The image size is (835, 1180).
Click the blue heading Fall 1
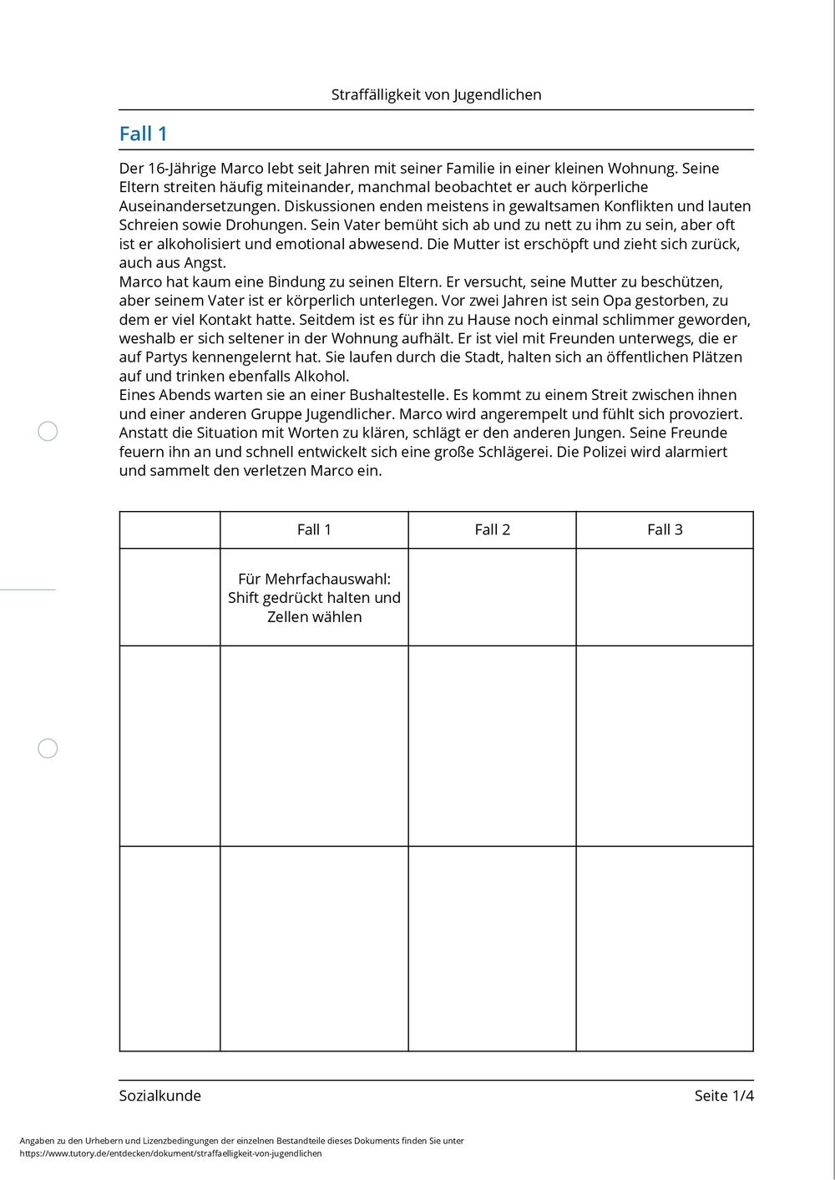point(143,134)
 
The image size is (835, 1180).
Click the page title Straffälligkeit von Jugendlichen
point(436,94)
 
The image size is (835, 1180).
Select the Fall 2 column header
point(492,529)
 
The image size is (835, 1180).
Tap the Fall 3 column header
point(665,529)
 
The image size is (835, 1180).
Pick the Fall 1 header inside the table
point(314,529)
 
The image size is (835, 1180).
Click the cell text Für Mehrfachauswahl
point(314,579)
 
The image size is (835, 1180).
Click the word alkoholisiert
point(198,244)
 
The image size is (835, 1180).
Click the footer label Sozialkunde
point(160,1096)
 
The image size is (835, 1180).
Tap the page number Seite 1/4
point(723,1096)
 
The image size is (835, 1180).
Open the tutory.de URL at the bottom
point(170,1153)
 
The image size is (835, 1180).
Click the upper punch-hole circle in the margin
point(48,431)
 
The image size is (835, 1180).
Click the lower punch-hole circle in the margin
point(48,748)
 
